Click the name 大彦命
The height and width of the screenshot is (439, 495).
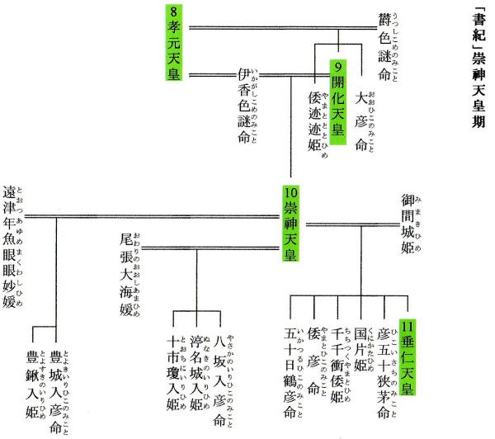click(361, 120)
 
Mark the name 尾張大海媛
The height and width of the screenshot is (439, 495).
click(127, 273)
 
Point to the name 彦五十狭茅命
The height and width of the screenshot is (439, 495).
click(382, 375)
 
